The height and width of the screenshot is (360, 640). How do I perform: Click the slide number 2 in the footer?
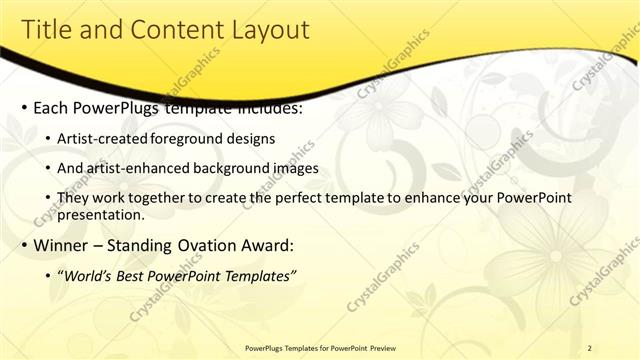tap(590, 347)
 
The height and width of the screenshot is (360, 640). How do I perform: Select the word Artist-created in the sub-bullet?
tap(103, 138)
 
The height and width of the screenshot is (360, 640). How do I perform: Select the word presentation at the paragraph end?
tap(100, 214)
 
